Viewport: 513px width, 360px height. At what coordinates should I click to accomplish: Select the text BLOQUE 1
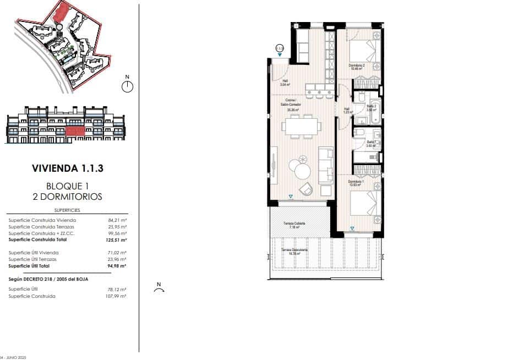click(x=67, y=186)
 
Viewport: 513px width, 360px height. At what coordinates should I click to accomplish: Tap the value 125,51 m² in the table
click(x=117, y=240)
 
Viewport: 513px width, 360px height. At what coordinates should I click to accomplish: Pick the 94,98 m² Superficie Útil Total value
click(x=117, y=265)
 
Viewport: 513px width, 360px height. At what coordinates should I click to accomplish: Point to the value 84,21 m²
click(x=118, y=220)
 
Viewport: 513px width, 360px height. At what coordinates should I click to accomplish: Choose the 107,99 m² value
click(x=117, y=296)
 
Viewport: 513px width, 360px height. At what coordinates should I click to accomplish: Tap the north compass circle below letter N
click(x=127, y=86)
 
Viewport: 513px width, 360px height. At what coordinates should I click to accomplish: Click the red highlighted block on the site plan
click(x=61, y=12)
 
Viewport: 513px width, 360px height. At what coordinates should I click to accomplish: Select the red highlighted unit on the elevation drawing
click(x=75, y=131)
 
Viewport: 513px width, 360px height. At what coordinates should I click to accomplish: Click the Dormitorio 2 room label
click(x=357, y=67)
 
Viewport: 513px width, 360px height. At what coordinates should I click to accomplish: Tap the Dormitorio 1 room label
click(x=356, y=182)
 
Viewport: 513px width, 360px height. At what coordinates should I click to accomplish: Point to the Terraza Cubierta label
click(x=294, y=224)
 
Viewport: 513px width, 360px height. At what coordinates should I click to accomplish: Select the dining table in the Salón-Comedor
click(x=301, y=126)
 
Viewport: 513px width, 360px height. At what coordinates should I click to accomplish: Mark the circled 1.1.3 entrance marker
click(x=280, y=48)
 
